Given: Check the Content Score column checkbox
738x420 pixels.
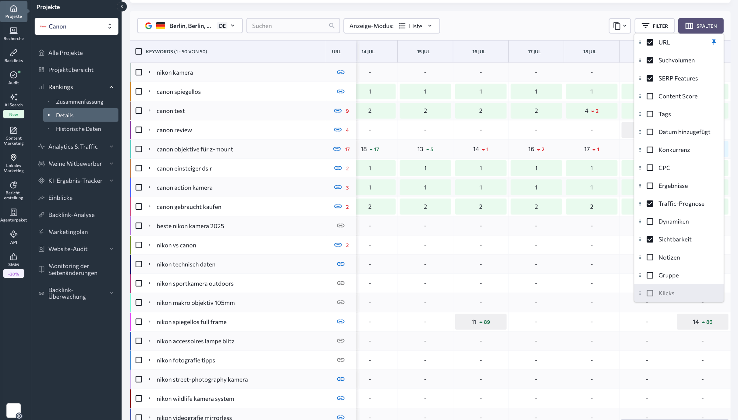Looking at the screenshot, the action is [650, 96].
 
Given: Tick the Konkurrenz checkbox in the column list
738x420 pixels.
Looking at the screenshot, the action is [650, 150].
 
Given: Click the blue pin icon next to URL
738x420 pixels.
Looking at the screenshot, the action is [713, 42].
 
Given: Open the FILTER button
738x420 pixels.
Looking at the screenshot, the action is [654, 26].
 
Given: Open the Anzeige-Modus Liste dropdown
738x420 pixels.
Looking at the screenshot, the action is [391, 26].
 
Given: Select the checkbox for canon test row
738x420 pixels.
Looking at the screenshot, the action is [139, 111].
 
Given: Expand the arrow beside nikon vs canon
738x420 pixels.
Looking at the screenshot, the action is [150, 245].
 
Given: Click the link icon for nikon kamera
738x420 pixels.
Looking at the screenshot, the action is [340, 72].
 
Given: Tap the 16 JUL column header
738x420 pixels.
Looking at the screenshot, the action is [479, 52].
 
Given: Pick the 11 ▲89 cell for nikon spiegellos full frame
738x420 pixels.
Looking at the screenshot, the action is [481, 322].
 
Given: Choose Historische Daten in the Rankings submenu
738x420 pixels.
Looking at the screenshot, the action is [78, 129].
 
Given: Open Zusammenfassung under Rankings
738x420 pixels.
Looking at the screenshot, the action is [79, 101].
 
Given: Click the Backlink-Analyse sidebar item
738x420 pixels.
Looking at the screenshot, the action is [71, 215].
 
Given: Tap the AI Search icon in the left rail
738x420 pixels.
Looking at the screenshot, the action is [14, 97].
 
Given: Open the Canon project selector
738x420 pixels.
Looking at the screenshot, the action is [76, 26].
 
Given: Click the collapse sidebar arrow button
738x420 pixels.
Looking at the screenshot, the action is [122, 6].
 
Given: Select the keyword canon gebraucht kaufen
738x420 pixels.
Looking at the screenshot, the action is [189, 207].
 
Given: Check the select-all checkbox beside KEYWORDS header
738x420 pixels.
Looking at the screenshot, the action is [139, 52].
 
